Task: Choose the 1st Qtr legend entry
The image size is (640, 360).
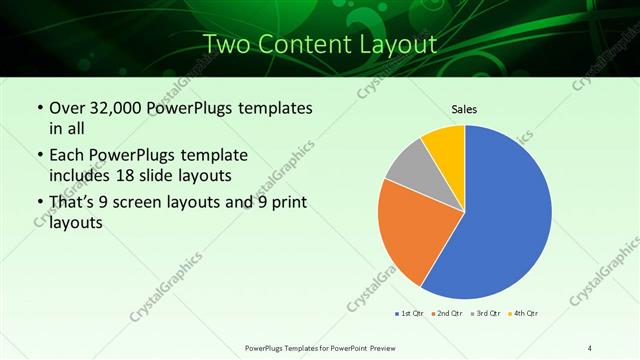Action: click(x=408, y=314)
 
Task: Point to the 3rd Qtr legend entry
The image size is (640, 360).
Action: click(x=485, y=314)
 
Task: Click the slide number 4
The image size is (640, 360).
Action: click(x=590, y=347)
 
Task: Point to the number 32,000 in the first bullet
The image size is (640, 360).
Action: click(x=110, y=107)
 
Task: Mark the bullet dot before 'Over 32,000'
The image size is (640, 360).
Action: click(x=39, y=108)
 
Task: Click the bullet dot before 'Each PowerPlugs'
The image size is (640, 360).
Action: click(x=39, y=156)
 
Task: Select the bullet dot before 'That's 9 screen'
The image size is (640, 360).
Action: click(x=39, y=204)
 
